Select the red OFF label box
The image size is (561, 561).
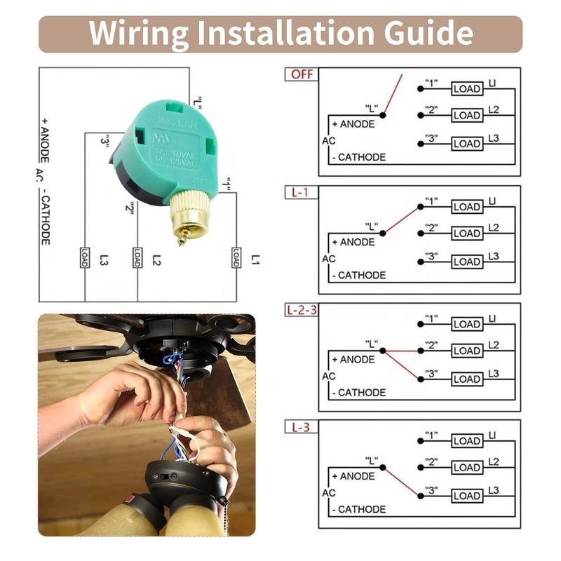pos(301,74)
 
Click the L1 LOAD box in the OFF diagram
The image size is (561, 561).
pos(466,89)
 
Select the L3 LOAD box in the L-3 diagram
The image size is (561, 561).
pos(466,496)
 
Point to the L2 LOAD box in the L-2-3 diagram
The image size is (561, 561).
pos(466,350)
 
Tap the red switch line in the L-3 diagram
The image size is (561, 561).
pos(401,481)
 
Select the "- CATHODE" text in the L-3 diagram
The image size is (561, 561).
pos(358,510)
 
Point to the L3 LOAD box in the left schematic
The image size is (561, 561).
pos(85,257)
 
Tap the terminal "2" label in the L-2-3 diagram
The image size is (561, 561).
pos(431,344)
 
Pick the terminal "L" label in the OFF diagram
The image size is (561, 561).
pos(371,109)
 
